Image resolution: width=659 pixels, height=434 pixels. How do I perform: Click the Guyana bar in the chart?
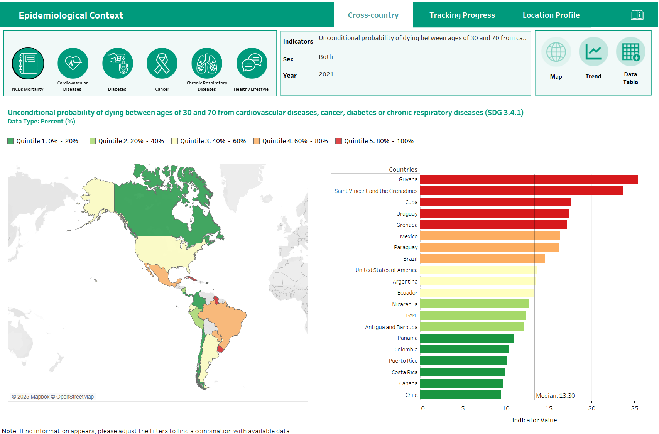point(529,179)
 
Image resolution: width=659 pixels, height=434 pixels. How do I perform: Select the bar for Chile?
point(460,395)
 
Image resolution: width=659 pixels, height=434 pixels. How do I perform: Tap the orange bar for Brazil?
point(482,258)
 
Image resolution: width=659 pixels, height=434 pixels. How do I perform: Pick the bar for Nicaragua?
point(474,304)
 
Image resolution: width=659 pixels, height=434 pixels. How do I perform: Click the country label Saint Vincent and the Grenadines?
point(376,191)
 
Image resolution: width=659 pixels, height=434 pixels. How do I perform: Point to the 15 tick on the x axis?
point(549,408)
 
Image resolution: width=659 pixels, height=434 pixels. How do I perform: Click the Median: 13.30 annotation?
point(555,396)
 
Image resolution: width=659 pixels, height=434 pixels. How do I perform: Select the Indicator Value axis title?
point(534,420)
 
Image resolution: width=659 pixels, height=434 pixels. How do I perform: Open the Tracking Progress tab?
point(462,15)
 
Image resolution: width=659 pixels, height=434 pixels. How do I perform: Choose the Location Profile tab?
point(551,15)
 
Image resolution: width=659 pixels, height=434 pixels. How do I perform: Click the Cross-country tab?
point(373,15)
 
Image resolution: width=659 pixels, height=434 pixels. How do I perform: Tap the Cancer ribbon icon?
point(162,63)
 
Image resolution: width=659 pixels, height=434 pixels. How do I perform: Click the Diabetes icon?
point(117,63)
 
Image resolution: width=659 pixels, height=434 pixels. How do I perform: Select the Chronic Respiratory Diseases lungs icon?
point(207,63)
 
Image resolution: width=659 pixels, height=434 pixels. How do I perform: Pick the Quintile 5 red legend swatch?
point(339,141)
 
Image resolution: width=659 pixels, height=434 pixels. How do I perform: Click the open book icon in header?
point(637,15)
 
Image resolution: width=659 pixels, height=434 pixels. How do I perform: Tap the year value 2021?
point(326,74)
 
